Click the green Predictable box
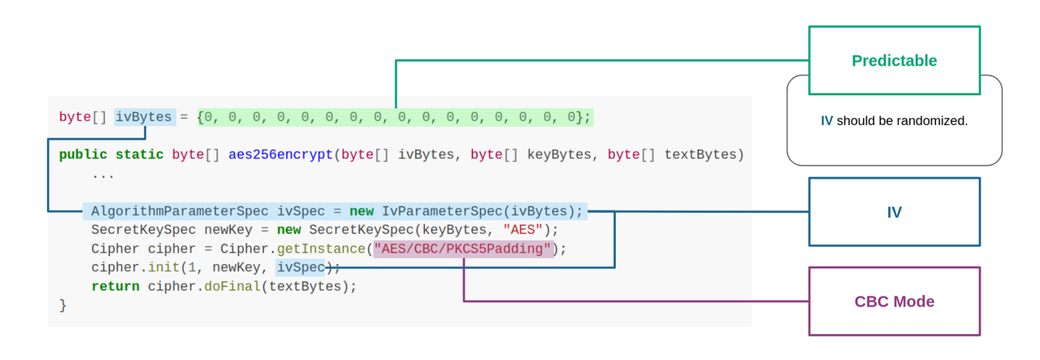coord(894,61)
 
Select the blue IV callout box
coord(894,212)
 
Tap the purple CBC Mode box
coord(894,301)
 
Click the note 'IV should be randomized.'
coord(894,121)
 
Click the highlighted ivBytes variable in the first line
coord(144,117)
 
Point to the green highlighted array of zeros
coord(395,117)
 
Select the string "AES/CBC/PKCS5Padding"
coord(462,249)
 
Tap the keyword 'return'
coord(115,286)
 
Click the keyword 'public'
coord(83,154)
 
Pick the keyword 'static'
coord(139,154)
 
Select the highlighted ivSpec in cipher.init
coord(300,267)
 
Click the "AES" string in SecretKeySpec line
coord(522,230)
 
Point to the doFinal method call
coord(232,286)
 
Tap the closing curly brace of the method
coord(63,306)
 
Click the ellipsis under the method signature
coord(102,174)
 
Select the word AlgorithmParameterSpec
coord(180,211)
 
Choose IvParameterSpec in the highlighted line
coord(442,211)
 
